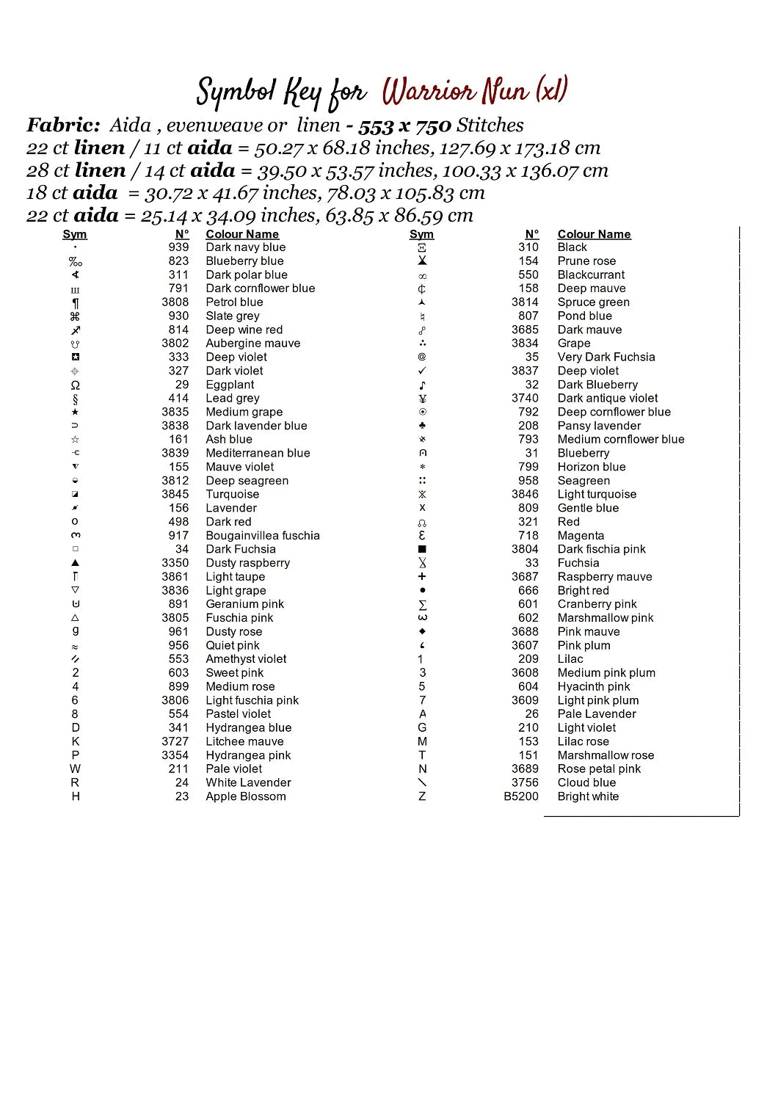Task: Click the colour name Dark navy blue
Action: pos(245,247)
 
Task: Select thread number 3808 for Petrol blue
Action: pos(175,302)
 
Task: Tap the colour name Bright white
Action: pos(588,796)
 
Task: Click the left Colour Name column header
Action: pos(242,234)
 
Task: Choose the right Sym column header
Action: pos(421,234)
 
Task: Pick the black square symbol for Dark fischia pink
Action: pos(422,549)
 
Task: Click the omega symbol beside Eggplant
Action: pos(75,385)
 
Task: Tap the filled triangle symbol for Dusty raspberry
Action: pos(75,563)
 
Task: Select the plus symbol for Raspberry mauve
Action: pos(422,577)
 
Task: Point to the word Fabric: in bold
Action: pos(63,126)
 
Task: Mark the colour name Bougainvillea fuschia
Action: pos(263,536)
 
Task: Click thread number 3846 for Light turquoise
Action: pos(525,495)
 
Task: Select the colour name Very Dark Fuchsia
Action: pos(606,357)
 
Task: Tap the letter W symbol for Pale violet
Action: pos(75,769)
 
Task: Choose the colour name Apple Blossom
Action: pos(246,796)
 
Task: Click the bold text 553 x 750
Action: pos(404,126)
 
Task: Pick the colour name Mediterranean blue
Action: pos(258,454)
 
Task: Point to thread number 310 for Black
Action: pos(528,247)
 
